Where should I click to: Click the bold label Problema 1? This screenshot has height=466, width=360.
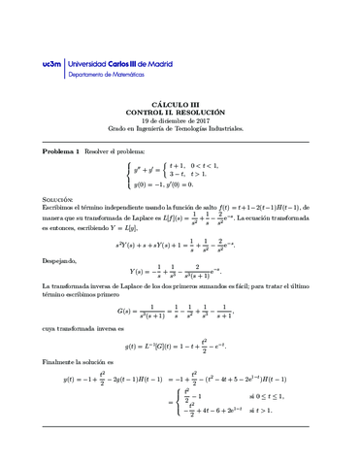point(61,152)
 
